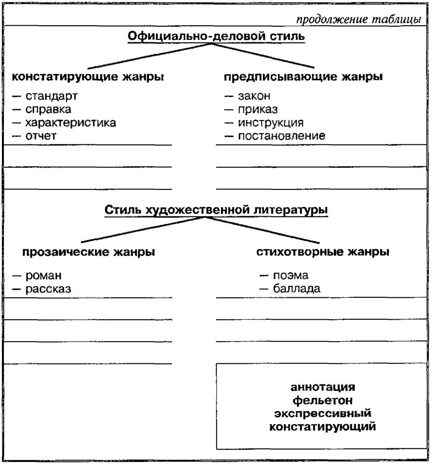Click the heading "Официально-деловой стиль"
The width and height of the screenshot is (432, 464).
tap(216, 36)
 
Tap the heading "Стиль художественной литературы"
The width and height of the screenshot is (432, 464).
tap(216, 210)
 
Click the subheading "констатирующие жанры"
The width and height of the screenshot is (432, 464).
tap(87, 77)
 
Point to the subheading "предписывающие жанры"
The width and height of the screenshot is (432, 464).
tap(303, 77)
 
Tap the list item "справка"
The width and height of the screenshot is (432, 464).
tap(49, 109)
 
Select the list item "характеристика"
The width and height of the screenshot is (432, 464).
tap(70, 122)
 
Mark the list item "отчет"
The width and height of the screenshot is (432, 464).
tap(41, 136)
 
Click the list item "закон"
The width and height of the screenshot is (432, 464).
tap(254, 96)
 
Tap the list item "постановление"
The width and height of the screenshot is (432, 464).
tap(281, 136)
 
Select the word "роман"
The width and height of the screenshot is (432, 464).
tap(44, 275)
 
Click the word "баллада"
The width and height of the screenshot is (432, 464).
tap(296, 289)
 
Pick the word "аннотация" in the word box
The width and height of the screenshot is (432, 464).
tap(323, 388)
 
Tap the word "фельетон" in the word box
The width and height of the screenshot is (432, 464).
tap(323, 401)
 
